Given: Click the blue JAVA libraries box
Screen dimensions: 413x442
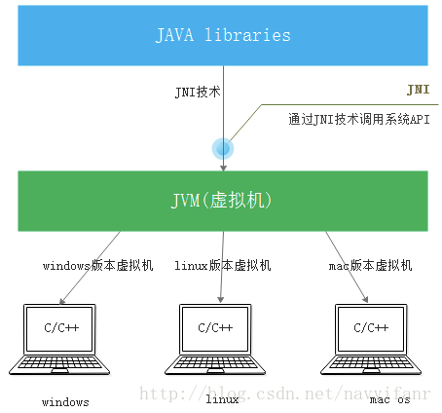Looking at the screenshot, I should click(x=223, y=35).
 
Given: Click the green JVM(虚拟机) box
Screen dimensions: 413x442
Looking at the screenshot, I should click(x=223, y=201).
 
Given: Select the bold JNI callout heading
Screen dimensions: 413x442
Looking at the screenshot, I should click(x=417, y=89).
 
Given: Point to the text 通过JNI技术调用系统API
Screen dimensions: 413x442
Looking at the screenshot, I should click(x=358, y=121).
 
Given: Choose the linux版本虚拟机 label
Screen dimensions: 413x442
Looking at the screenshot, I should click(x=222, y=265).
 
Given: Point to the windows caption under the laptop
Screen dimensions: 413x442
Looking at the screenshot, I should click(x=65, y=401).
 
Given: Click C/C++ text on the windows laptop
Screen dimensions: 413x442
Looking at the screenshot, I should click(x=63, y=327).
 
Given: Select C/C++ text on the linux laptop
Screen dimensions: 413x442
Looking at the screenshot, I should click(x=215, y=327).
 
